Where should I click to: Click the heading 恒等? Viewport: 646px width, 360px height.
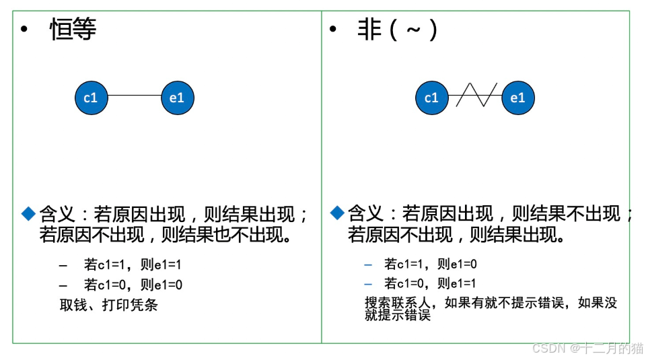[73, 30]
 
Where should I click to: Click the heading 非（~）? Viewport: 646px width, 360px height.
[398, 30]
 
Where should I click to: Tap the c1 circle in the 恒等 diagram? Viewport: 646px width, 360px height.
[91, 98]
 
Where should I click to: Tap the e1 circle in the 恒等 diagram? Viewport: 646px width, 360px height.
[177, 98]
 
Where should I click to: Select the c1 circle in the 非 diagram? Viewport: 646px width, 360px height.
[431, 98]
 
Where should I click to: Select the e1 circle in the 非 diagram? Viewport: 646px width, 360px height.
[517, 98]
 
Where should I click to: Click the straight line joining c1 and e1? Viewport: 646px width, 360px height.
[134, 95]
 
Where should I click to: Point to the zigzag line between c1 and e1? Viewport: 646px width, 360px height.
[476, 96]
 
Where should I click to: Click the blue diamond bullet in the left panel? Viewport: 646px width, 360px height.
[28, 213]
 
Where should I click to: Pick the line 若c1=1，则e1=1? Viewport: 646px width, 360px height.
[133, 265]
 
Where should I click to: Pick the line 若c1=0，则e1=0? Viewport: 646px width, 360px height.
[133, 285]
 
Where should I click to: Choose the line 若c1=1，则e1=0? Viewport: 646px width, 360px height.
[431, 264]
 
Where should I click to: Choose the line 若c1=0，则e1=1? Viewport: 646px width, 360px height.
[431, 283]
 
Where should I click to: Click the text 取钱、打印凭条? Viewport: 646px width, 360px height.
[108, 305]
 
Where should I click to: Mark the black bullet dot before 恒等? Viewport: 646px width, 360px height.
[25, 30]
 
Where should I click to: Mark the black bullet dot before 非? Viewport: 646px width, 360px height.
[332, 30]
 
